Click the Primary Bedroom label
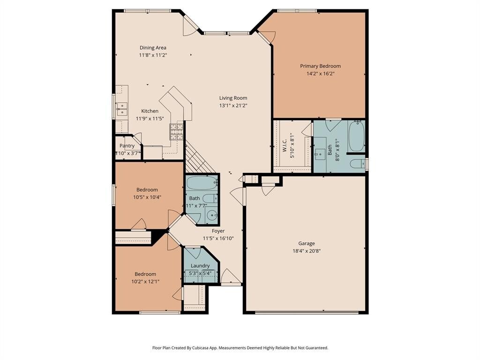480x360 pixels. click(320, 66)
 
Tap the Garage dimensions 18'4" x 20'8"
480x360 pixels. click(307, 251)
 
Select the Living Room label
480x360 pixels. click(233, 98)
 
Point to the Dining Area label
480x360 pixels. click(153, 47)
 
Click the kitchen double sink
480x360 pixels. click(122, 109)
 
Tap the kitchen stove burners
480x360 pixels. click(177, 132)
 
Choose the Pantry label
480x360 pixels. click(127, 146)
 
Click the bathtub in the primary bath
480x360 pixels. click(357, 136)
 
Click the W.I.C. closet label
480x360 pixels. click(285, 145)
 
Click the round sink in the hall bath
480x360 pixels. click(211, 216)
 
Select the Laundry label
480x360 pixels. click(200, 266)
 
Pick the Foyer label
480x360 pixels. click(218, 231)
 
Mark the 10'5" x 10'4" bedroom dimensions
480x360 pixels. click(147, 197)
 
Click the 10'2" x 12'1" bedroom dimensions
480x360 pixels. click(145, 282)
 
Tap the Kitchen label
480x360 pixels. click(150, 111)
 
